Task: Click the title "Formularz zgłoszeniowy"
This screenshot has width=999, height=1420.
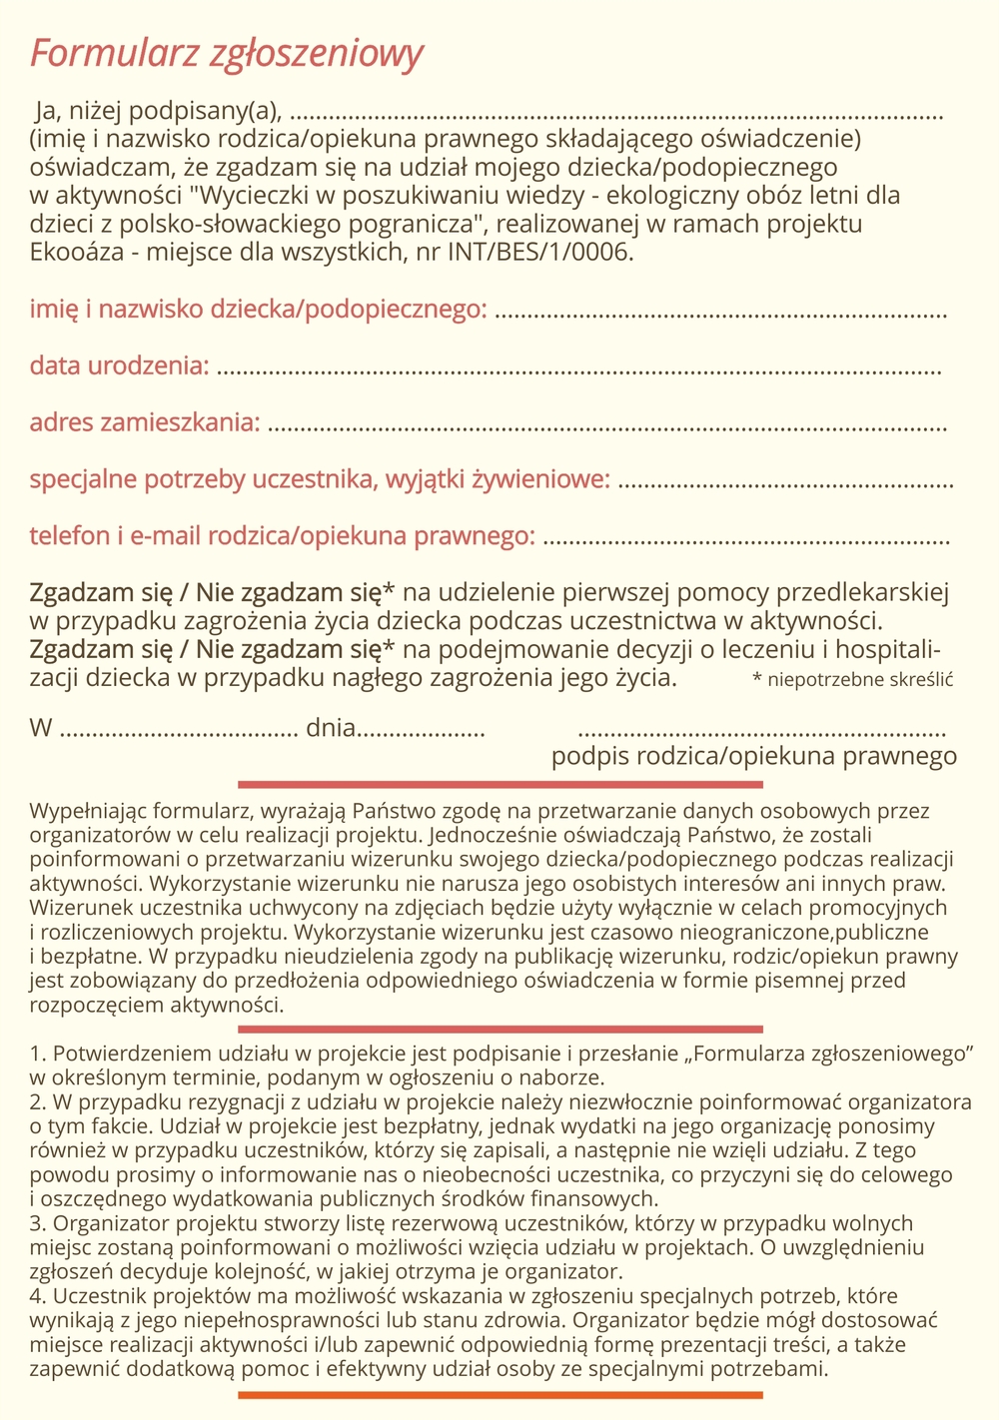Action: click(227, 54)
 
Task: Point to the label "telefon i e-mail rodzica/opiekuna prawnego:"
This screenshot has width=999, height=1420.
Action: click(281, 536)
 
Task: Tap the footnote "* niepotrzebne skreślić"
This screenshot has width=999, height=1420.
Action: click(852, 680)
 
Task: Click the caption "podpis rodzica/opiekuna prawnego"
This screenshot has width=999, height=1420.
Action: click(754, 756)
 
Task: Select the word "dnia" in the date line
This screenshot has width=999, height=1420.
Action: click(331, 727)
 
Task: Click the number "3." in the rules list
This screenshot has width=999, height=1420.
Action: click(39, 1223)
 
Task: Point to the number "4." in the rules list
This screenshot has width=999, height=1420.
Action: click(39, 1296)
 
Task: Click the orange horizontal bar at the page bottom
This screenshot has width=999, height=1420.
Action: click(499, 1394)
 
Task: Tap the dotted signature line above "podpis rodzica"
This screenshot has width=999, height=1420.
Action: click(763, 734)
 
